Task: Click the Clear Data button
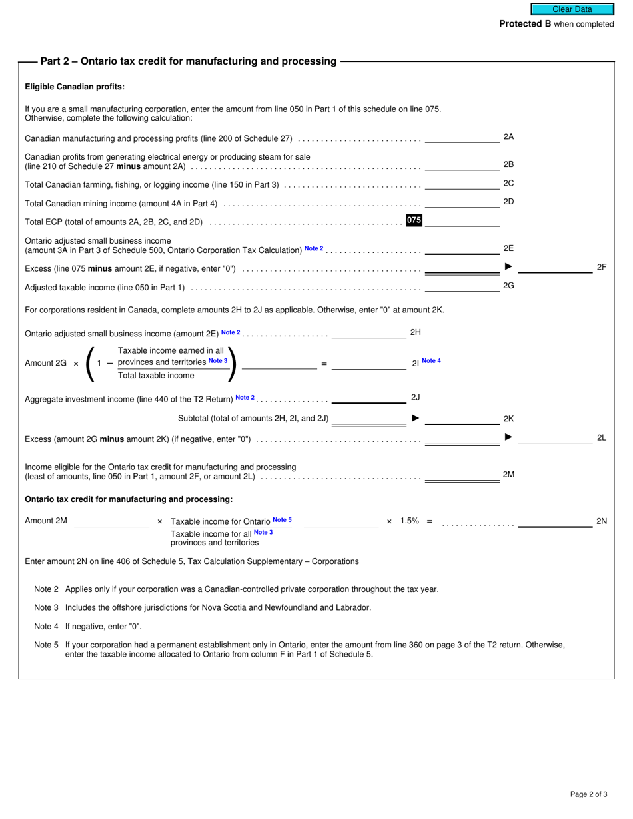(572, 9)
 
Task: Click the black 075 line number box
(414, 220)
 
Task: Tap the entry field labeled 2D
(462, 202)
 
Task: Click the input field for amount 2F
(554, 267)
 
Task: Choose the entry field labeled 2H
(368, 332)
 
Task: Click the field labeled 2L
(554, 438)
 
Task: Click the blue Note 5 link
(282, 520)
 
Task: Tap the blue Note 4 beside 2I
(431, 361)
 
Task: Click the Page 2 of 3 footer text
(588, 794)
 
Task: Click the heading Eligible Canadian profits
(75, 87)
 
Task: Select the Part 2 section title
(189, 61)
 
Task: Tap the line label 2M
(508, 475)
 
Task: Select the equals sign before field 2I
(324, 364)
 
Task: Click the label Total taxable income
(156, 376)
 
